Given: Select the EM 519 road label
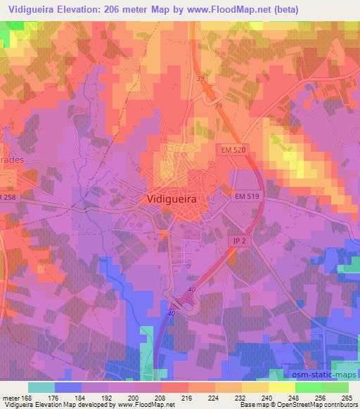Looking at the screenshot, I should click(247, 197).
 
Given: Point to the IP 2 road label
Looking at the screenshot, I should click(240, 240).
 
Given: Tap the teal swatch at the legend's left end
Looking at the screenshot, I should click(41, 387).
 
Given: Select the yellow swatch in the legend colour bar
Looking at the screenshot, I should click(281, 387).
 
